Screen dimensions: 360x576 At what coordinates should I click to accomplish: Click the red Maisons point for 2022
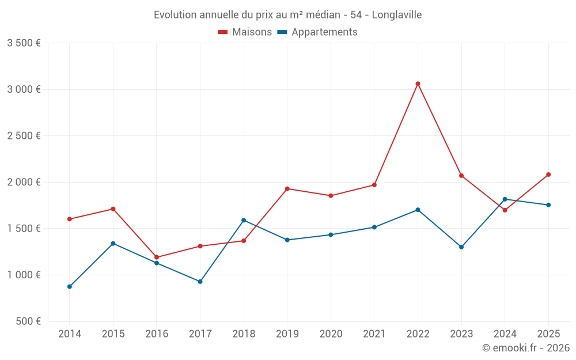418,84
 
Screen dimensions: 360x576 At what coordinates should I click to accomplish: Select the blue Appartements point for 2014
70,286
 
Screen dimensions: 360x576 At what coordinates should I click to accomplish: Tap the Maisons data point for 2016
157,257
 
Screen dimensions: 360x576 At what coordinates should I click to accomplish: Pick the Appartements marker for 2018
244,220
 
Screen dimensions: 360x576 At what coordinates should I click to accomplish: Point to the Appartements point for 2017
200,281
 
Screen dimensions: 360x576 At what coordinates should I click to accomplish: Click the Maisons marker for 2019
287,188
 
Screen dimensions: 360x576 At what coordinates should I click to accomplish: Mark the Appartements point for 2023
461,247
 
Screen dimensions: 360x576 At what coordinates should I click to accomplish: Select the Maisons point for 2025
548,175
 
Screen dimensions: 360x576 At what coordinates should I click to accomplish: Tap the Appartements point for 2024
505,199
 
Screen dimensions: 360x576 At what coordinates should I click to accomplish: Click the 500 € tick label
27,321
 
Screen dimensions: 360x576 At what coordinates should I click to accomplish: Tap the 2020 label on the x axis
331,334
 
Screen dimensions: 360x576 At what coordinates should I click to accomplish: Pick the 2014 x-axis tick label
70,334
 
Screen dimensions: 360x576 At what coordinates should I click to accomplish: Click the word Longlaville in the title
396,15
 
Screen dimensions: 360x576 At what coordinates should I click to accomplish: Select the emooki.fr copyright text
526,348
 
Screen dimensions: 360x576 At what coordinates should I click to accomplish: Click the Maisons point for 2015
113,209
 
